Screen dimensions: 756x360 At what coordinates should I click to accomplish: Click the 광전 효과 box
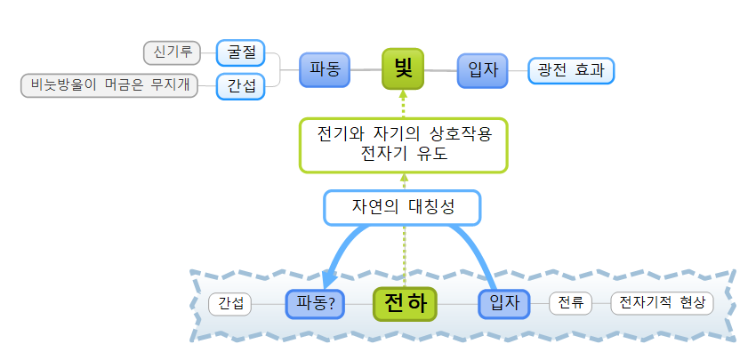click(x=571, y=70)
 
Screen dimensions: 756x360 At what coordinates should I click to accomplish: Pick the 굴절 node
click(x=240, y=52)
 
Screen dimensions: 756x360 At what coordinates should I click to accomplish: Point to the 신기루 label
click(x=173, y=52)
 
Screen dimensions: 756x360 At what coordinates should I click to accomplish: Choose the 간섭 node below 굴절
click(x=240, y=86)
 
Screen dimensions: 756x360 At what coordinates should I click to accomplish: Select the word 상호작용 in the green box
click(x=453, y=133)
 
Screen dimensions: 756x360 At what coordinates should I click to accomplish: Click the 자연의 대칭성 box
click(x=403, y=208)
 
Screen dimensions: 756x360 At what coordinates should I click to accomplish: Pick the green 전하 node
click(x=406, y=303)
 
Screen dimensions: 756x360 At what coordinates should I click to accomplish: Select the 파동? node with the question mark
click(x=315, y=303)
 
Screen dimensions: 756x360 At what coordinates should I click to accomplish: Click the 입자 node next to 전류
click(x=504, y=303)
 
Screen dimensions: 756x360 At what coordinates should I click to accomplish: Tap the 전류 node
click(x=570, y=303)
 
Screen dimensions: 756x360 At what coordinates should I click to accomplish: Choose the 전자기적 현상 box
click(x=662, y=303)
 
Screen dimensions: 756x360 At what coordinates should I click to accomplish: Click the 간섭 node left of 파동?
click(x=231, y=303)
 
